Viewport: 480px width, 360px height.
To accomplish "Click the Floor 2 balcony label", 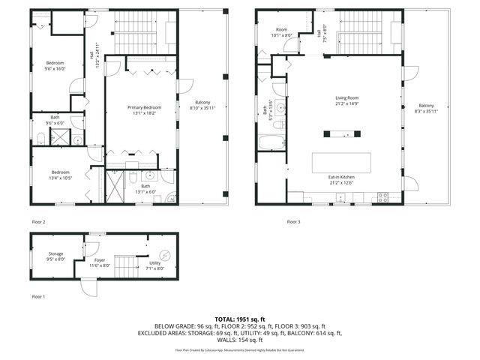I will (202, 106).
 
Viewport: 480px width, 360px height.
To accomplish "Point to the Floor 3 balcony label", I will (426, 109).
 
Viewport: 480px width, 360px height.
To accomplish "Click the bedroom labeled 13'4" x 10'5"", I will (61, 175).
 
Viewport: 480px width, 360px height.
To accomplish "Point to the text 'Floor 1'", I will (38, 297).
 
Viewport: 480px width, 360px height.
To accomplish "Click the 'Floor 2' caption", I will (38, 222).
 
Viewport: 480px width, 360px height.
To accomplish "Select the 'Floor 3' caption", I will (295, 222).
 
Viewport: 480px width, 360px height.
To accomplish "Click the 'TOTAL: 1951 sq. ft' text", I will (239, 319).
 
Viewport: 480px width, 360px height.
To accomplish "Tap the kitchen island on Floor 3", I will (342, 163).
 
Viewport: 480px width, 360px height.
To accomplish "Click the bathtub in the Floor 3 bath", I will (272, 142).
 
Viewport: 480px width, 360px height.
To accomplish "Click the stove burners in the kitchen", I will (382, 199).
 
